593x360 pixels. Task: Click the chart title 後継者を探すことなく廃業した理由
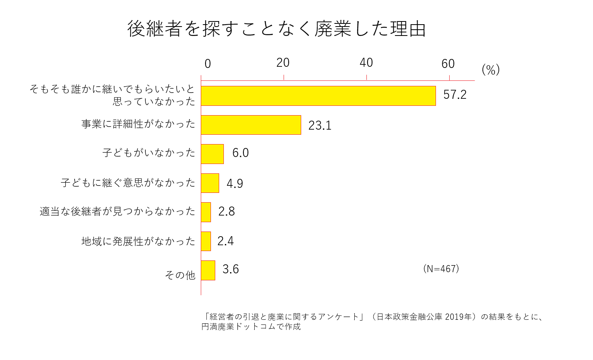(276, 29)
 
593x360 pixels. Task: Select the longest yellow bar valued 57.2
(318, 96)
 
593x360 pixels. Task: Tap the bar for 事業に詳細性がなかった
(251, 125)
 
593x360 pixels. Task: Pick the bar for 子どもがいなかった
(212, 154)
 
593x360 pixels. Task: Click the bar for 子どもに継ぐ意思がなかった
(210, 183)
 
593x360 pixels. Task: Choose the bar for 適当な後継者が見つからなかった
(206, 212)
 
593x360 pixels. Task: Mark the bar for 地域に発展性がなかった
(206, 241)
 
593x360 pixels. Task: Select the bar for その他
(208, 270)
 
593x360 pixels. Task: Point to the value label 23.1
(320, 125)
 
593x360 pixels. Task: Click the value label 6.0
(240, 153)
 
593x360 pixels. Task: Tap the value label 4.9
(235, 184)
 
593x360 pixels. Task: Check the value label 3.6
(230, 269)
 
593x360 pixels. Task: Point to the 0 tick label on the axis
(207, 64)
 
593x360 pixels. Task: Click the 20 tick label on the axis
(283, 62)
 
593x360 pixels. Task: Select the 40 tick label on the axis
(366, 62)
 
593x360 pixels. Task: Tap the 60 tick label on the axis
(448, 64)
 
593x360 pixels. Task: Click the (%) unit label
(491, 70)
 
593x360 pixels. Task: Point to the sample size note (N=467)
(441, 269)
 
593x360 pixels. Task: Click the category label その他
(180, 275)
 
